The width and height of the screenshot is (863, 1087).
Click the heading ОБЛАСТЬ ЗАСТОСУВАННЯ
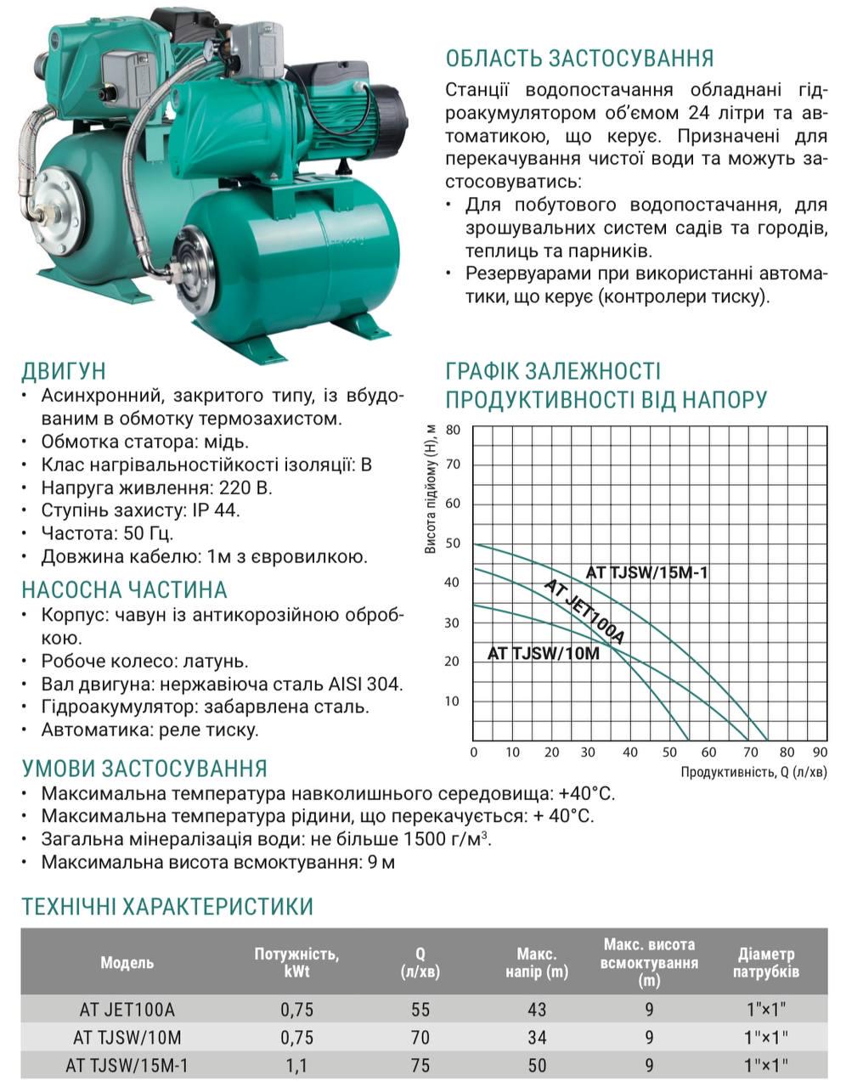tap(579, 58)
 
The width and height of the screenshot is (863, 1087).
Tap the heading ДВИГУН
tap(64, 371)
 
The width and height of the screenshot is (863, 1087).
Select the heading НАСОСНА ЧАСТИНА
tap(124, 590)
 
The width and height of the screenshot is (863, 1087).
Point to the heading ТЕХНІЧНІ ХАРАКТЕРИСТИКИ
tap(167, 906)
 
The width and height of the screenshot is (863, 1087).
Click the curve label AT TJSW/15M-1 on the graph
tap(646, 572)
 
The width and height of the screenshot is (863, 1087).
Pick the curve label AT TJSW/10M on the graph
tap(544, 653)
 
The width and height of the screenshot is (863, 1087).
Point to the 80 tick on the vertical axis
tap(453, 430)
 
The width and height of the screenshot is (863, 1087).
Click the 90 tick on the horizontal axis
tap(820, 752)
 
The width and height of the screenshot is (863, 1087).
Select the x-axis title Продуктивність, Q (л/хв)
tap(753, 772)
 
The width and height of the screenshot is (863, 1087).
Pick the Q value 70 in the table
tap(420, 1037)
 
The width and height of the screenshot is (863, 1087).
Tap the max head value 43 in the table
tap(536, 1010)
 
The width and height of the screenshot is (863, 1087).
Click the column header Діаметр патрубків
tap(766, 963)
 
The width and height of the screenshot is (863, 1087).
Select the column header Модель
tap(127, 963)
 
